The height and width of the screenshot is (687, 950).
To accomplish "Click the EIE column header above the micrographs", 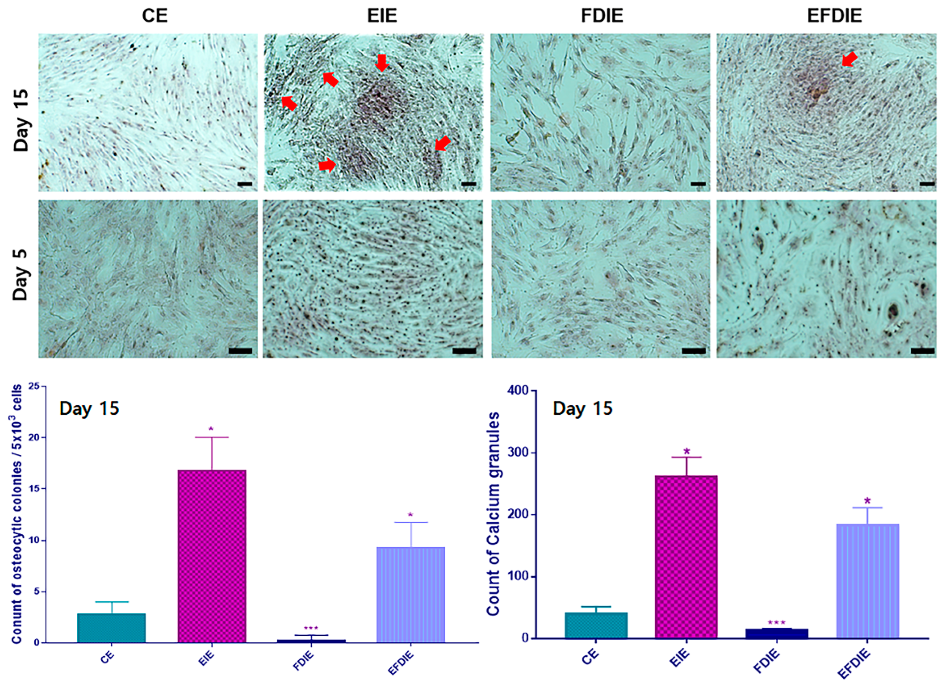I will (x=382, y=16).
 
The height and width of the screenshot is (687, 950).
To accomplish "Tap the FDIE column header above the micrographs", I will (x=602, y=16).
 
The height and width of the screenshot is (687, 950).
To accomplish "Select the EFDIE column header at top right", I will (x=834, y=16).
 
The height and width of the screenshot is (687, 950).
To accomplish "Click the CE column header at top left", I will (x=155, y=16).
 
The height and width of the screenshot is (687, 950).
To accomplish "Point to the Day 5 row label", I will (x=20, y=275).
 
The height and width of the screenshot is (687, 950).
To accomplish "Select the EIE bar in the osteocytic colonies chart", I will (x=212, y=556).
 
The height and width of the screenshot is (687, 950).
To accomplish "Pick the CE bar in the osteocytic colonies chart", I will (x=111, y=628).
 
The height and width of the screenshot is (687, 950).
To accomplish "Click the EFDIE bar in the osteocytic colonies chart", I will (x=411, y=595).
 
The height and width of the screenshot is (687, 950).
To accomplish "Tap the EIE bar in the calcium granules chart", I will (x=686, y=557).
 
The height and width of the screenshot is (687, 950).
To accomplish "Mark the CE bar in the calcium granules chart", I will (x=596, y=625).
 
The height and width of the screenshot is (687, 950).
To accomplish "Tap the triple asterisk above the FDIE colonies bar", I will (x=311, y=628).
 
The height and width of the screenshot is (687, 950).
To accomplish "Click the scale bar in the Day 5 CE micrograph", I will (x=240, y=351).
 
